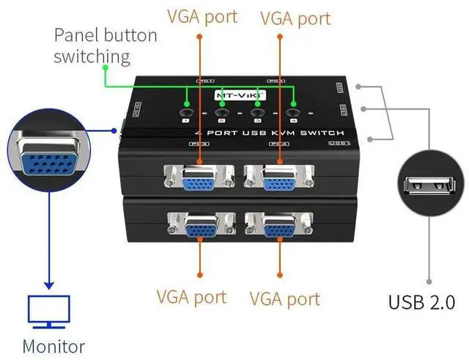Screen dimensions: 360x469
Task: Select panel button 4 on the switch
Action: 295,113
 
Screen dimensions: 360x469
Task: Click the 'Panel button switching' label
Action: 105,45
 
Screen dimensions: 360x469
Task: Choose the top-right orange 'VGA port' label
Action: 295,16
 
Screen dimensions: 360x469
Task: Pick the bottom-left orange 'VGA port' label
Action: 191,297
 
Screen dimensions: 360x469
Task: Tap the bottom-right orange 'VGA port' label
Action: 285,298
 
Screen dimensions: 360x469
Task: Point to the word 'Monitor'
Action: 53,346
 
